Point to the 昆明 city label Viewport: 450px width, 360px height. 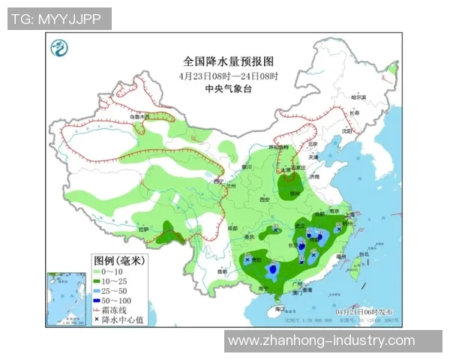[x=221, y=271]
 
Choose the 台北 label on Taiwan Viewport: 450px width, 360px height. [x=364, y=254]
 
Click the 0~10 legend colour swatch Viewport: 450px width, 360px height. [x=97, y=271]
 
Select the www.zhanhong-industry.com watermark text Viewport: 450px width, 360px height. [x=321, y=341]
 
